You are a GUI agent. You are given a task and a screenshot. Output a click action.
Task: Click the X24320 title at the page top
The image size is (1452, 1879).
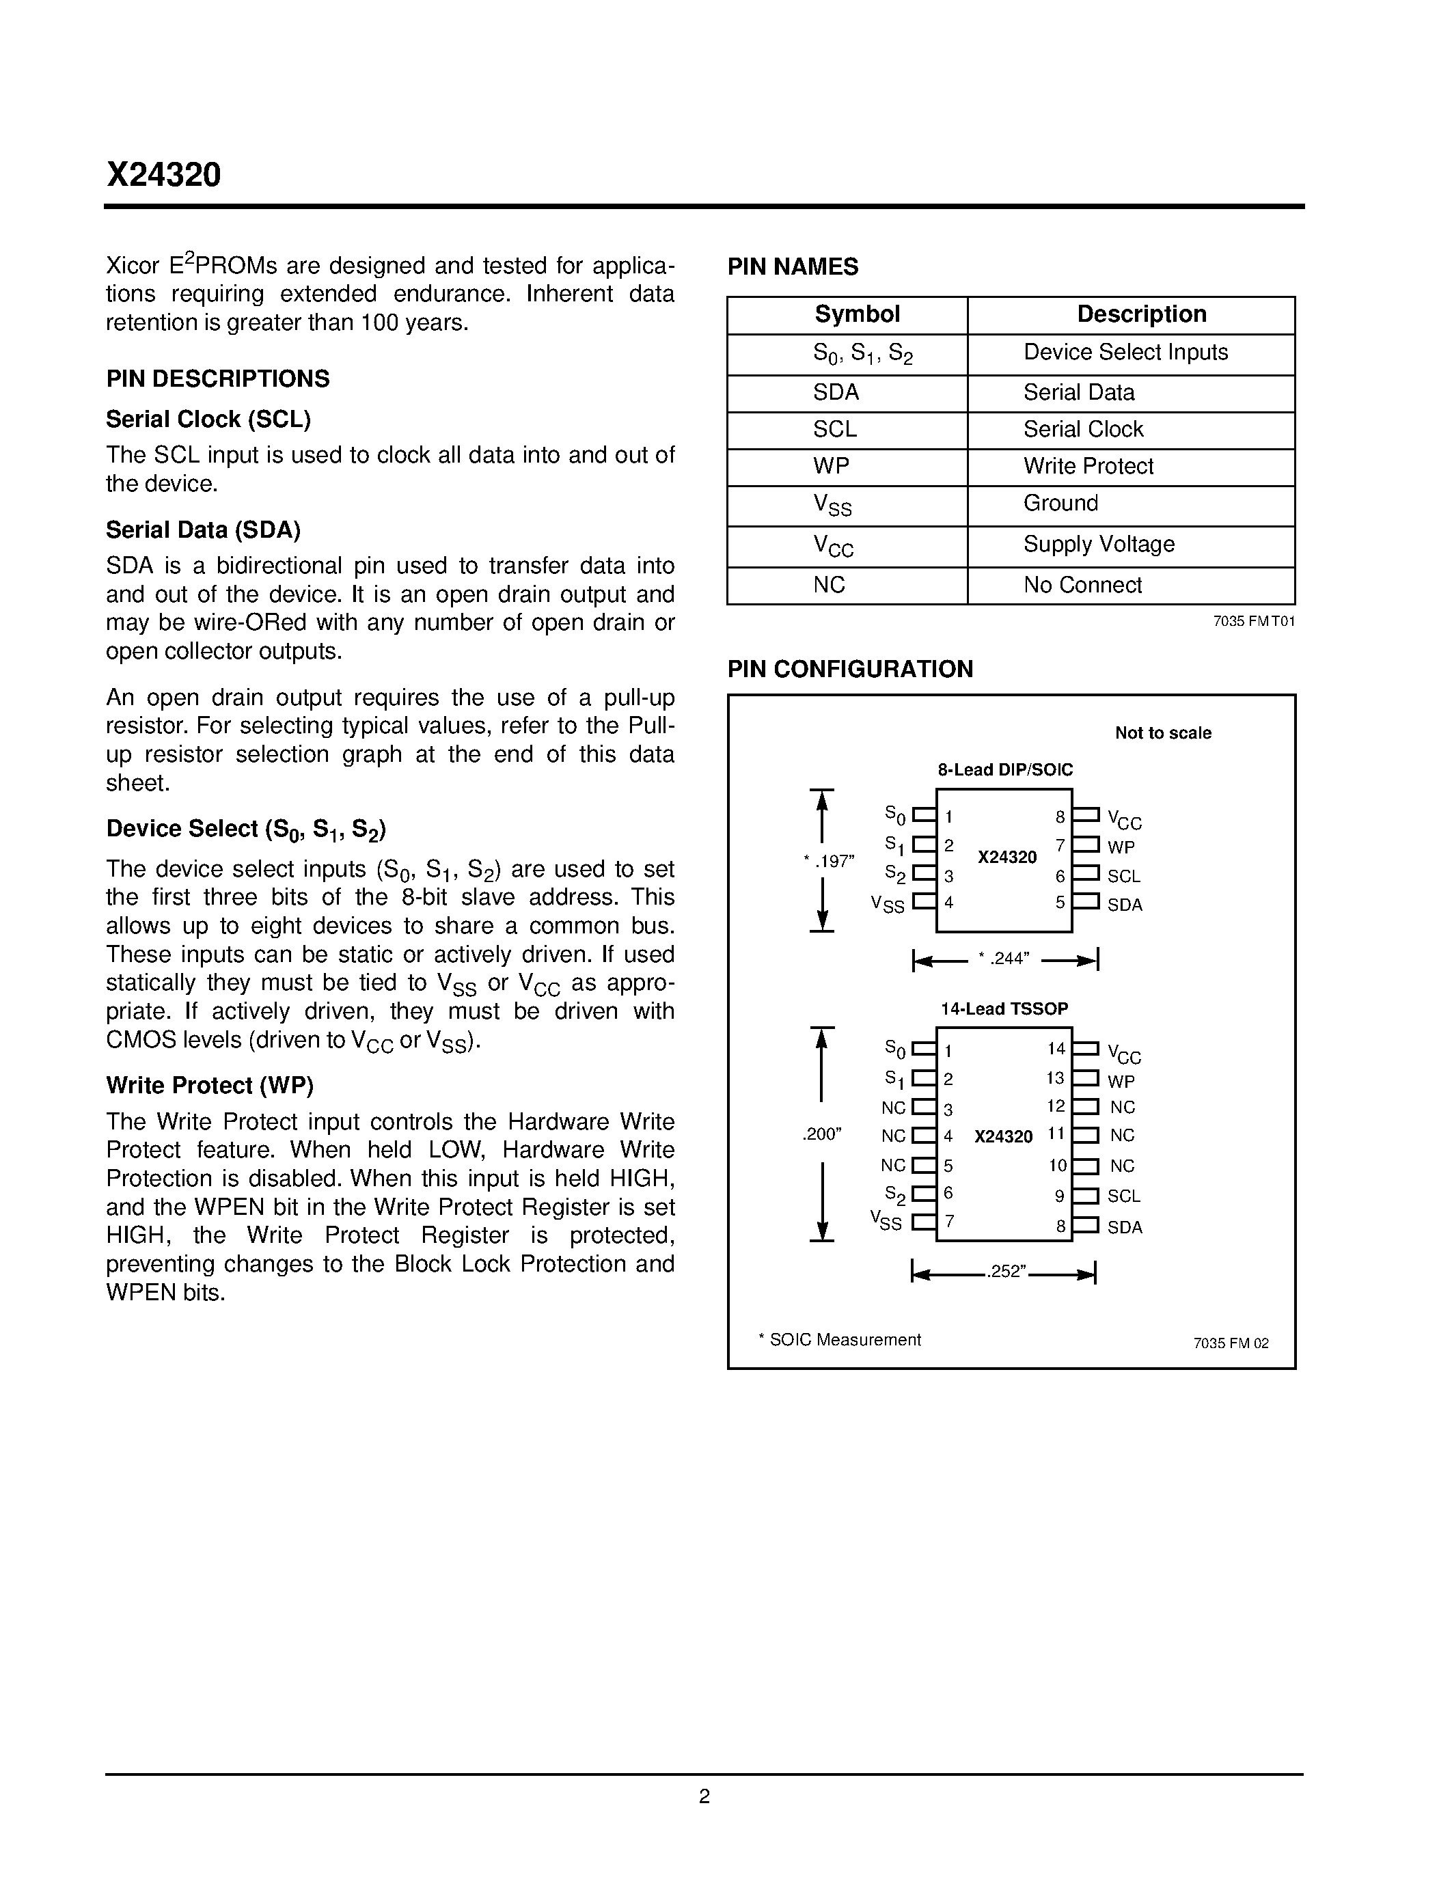[163, 175]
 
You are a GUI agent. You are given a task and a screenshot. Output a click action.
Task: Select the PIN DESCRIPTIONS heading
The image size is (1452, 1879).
[217, 379]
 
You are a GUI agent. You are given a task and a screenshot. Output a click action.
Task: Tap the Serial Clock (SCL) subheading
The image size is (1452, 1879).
[208, 419]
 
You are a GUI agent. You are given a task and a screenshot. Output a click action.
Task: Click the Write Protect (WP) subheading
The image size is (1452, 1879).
[210, 1085]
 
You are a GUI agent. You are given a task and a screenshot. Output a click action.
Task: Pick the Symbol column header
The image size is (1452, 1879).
[857, 314]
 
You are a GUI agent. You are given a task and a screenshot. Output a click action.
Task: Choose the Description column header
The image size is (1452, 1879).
[1142, 314]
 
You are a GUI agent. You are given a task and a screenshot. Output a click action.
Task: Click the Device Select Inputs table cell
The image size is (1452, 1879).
[1125, 352]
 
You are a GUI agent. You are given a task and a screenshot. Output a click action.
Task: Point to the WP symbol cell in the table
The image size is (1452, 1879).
[831, 466]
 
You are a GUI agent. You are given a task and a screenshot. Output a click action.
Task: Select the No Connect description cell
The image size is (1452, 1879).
[1082, 585]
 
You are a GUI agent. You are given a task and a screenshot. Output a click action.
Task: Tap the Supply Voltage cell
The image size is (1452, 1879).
[1099, 544]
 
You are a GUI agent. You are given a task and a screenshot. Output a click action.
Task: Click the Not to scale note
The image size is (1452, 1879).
[1163, 733]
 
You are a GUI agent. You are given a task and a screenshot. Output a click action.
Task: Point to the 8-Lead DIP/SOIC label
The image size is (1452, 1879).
[1004, 769]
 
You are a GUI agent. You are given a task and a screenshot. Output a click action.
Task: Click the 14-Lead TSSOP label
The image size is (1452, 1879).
[1004, 1009]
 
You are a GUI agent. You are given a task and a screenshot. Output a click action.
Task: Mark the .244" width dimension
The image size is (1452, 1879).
[1004, 959]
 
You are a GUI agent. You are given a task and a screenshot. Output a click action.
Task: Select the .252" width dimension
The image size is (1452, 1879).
[1006, 1272]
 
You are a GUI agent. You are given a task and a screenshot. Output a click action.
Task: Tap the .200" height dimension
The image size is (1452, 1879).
[821, 1134]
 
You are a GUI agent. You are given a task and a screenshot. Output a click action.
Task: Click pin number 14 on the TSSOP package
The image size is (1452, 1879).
[1056, 1049]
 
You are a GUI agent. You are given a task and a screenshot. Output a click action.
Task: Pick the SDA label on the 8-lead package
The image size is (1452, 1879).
[1124, 905]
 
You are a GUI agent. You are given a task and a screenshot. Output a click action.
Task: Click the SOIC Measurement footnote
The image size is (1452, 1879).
[840, 1340]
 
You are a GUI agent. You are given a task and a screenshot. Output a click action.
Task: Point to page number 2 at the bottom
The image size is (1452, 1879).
[704, 1796]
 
